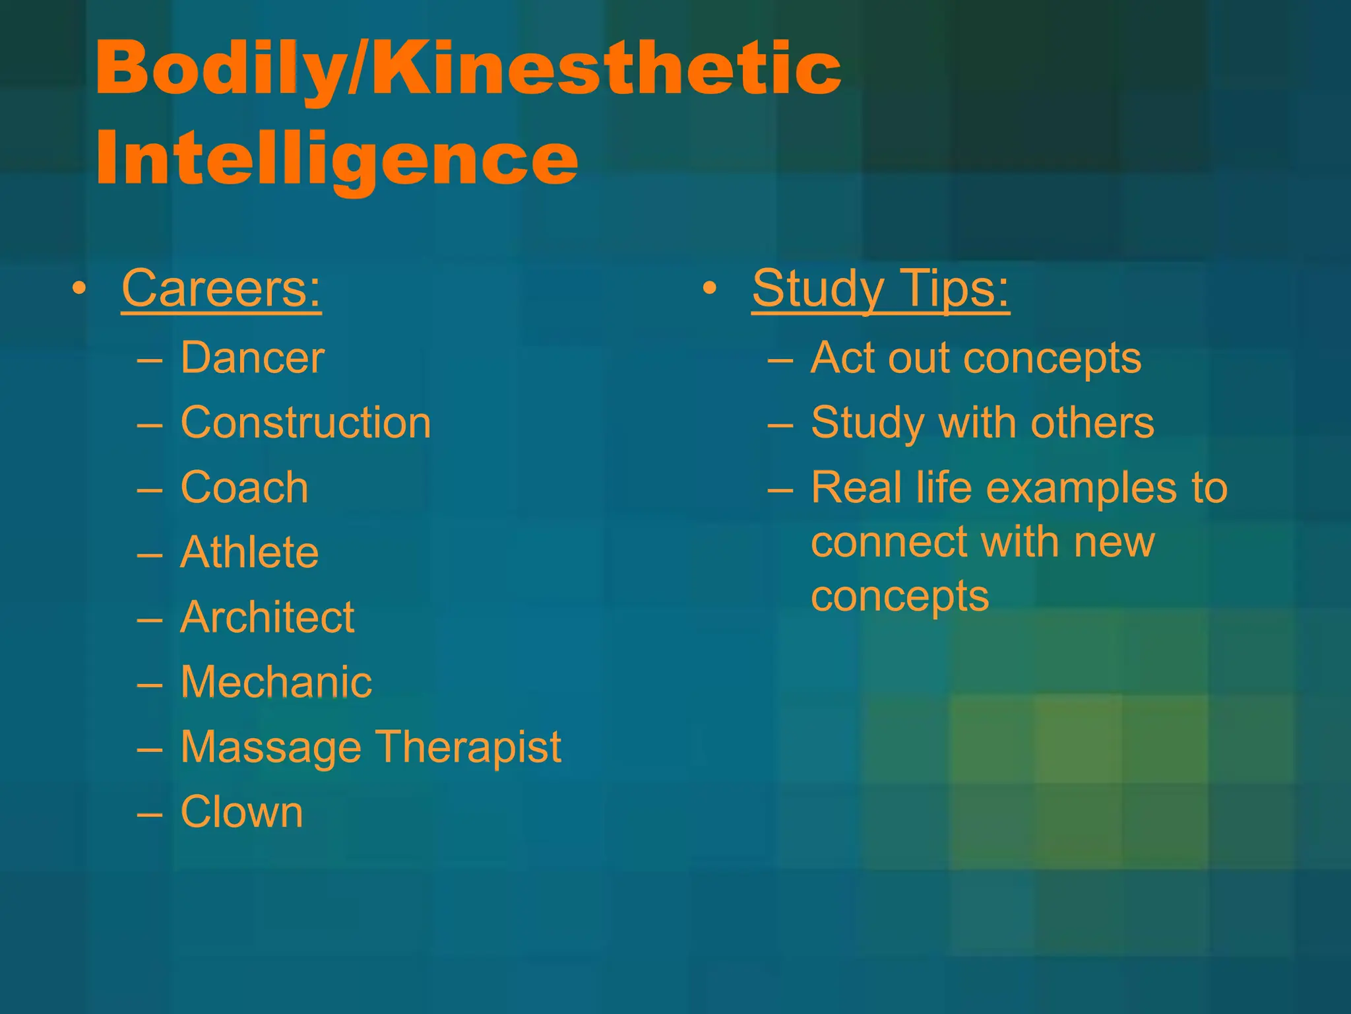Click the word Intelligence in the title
point(336,158)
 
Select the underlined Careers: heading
point(222,288)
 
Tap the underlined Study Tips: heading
point(881,288)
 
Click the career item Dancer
point(253,358)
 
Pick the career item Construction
point(306,422)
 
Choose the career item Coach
point(245,487)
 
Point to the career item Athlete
point(250,552)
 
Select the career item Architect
point(268,617)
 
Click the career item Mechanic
point(276,682)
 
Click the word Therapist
point(469,747)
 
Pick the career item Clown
point(242,811)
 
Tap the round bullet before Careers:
point(80,288)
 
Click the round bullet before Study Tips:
point(710,288)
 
